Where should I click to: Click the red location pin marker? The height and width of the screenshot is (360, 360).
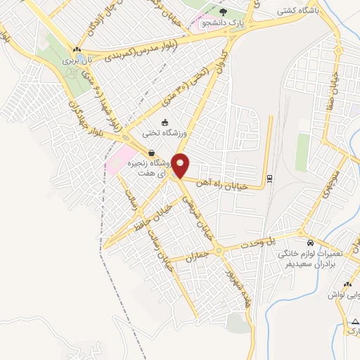coord(181,165)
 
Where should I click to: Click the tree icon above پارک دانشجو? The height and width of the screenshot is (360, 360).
coord(224,11)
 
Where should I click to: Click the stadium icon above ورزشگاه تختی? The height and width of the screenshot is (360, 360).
coord(165,122)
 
